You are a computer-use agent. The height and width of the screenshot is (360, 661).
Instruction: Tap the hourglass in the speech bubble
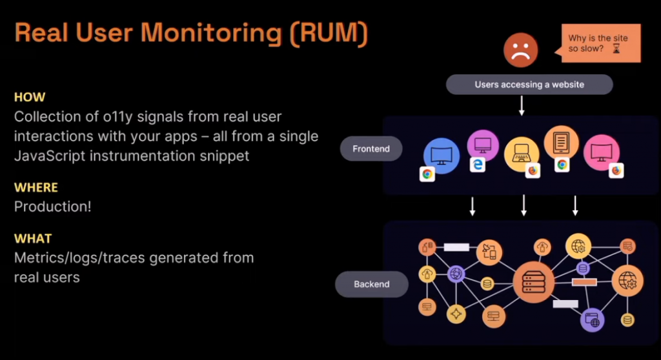(615, 49)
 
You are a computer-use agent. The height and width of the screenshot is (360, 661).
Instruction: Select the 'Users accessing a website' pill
(529, 85)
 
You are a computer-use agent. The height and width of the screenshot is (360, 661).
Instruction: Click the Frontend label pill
(371, 149)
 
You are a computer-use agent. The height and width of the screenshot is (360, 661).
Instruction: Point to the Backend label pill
(371, 284)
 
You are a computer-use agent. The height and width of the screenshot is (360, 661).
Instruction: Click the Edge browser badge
(477, 165)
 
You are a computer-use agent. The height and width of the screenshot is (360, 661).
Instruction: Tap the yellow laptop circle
(522, 154)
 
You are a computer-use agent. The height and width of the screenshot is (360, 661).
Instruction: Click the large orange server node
(533, 282)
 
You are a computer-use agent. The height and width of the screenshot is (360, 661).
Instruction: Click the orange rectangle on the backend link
(584, 282)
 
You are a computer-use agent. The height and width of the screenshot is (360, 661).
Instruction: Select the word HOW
(30, 97)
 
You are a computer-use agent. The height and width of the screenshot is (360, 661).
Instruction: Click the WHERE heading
(36, 188)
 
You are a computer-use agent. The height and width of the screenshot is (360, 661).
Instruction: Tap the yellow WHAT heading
(33, 239)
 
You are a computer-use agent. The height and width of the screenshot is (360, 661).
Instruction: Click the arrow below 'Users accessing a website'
(522, 106)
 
